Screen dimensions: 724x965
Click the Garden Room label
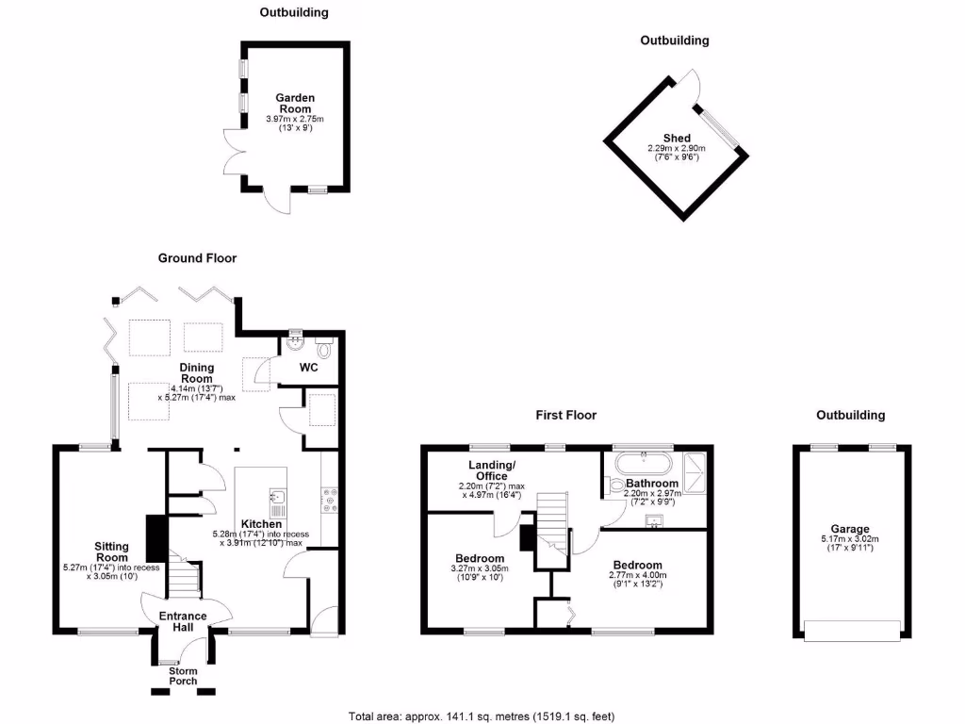[x=295, y=103]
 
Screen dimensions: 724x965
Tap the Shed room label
[x=677, y=139]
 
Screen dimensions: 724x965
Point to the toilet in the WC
[x=325, y=349]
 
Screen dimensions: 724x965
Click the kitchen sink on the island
[x=278, y=497]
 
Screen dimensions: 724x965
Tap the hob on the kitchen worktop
[x=331, y=500]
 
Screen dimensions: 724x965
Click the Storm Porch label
[x=183, y=676]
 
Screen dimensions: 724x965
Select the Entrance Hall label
[x=183, y=622]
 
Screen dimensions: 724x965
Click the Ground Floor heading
[x=197, y=257]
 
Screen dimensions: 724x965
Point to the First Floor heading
[x=565, y=415]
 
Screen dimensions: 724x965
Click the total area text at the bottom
[x=482, y=716]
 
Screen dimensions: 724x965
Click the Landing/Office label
[x=493, y=470]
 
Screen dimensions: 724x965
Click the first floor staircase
[x=553, y=528]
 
